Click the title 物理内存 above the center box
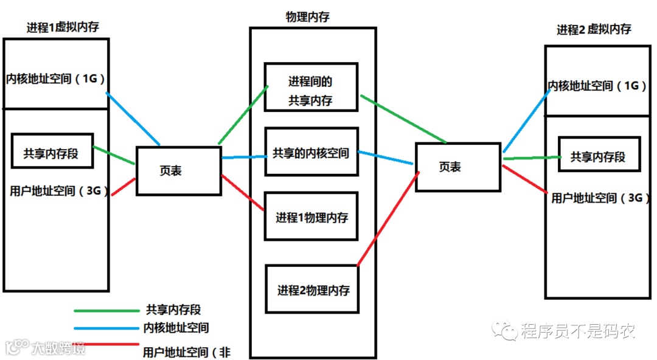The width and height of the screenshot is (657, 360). point(308,17)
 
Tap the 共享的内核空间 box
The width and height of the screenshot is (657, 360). point(311,153)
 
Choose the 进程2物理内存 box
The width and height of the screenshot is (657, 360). point(313,289)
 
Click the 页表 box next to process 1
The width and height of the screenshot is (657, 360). point(178,170)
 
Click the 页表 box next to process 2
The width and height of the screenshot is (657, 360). point(458,167)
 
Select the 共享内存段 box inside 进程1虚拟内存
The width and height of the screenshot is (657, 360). point(52,152)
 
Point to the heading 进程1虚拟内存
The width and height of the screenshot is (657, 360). point(63,27)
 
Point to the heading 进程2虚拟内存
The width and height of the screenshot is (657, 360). point(593,29)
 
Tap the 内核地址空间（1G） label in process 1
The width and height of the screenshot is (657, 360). point(56,79)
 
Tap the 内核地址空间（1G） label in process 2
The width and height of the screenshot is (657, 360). point(598,86)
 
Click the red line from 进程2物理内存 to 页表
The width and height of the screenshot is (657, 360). point(387,219)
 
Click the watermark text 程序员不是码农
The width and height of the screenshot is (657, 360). point(577,331)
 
